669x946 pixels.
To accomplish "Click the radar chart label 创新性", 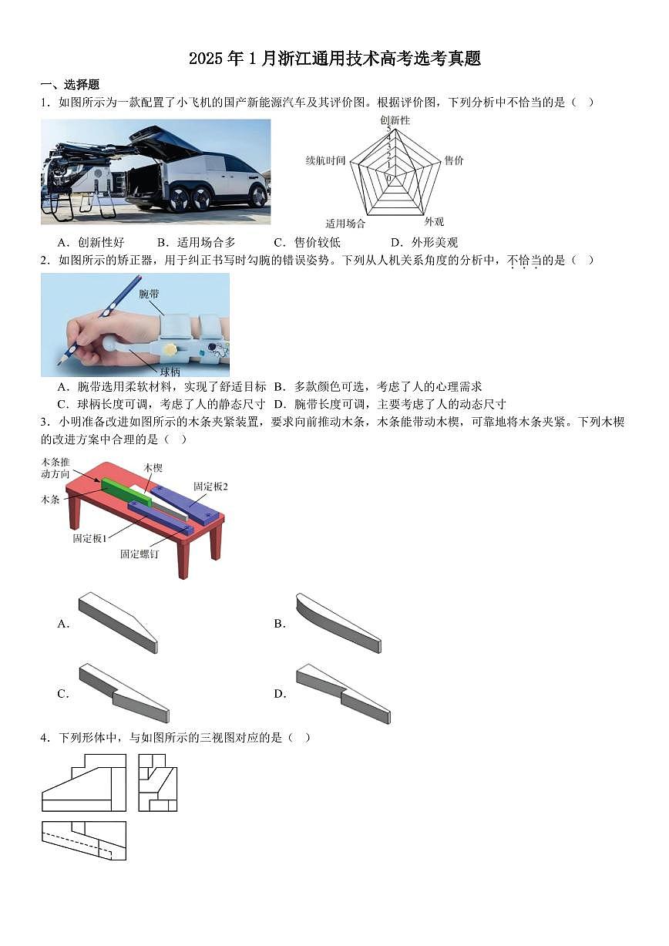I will tap(395, 120).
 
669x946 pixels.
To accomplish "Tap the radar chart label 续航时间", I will tap(325, 160).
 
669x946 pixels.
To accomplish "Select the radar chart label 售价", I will tap(454, 160).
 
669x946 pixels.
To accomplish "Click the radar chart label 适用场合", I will tap(345, 224).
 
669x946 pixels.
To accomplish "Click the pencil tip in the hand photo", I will tap(59, 362).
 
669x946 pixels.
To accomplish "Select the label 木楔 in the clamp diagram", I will tap(153, 468).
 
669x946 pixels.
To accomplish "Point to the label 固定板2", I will tap(210, 486).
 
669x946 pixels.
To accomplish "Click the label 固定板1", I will tap(89, 538).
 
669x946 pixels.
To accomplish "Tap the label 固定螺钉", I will tap(140, 554).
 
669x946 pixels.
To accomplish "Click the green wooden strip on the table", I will tap(126, 491).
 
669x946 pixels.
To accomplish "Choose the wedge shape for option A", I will tap(118, 622).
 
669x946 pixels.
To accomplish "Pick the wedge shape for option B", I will tap(338, 622).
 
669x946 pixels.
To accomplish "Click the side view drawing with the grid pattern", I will tap(158, 783).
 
